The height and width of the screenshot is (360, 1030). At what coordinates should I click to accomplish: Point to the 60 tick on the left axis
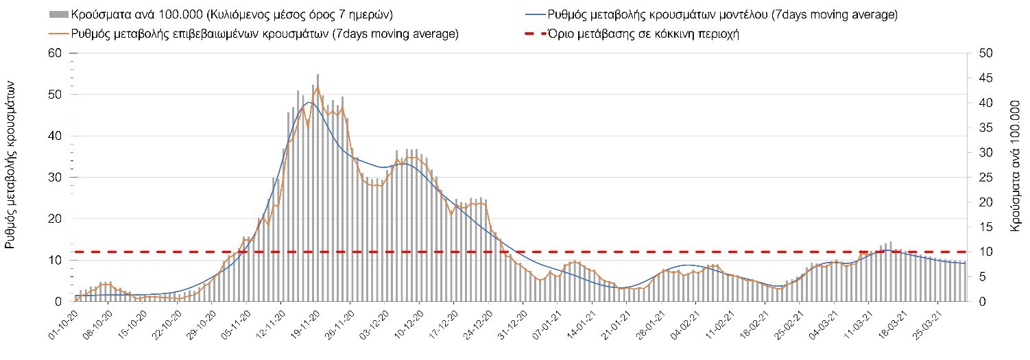pyautogui.click(x=55, y=53)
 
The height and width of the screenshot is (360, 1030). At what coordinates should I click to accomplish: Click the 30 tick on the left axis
pyautogui.click(x=55, y=178)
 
